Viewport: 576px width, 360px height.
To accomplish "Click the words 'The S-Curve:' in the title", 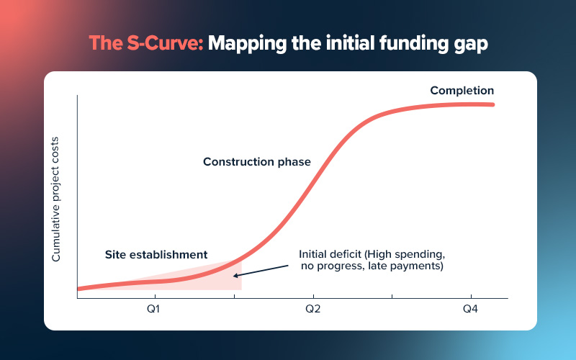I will pos(147,44).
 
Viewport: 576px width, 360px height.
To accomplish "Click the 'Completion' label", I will pos(462,91).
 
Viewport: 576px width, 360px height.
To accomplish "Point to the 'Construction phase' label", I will pos(256,162).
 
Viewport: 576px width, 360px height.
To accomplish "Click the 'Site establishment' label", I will pos(156,254).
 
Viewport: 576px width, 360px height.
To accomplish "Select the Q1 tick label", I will pos(153,309).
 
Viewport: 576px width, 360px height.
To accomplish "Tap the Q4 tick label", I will pos(470,309).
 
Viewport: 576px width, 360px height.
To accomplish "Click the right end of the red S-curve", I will pos(494,104).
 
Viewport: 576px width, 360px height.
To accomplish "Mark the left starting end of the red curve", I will pos(78,289).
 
